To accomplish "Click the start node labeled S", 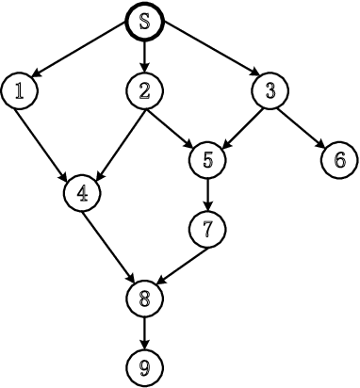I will click(x=144, y=23).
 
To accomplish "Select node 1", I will click(x=18, y=90).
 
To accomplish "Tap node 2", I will click(x=144, y=90).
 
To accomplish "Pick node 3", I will click(x=270, y=90).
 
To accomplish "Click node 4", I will click(x=82, y=193).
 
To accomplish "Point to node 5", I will click(x=207, y=159).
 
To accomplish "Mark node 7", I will click(x=207, y=228).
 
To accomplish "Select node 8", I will click(x=144, y=298).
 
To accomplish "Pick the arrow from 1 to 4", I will click(x=49, y=140).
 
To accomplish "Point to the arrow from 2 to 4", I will click(x=114, y=140).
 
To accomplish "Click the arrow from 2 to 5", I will click(x=175, y=124).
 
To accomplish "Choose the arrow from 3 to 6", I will click(x=303, y=124).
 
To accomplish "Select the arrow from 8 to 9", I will click(x=144, y=331).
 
